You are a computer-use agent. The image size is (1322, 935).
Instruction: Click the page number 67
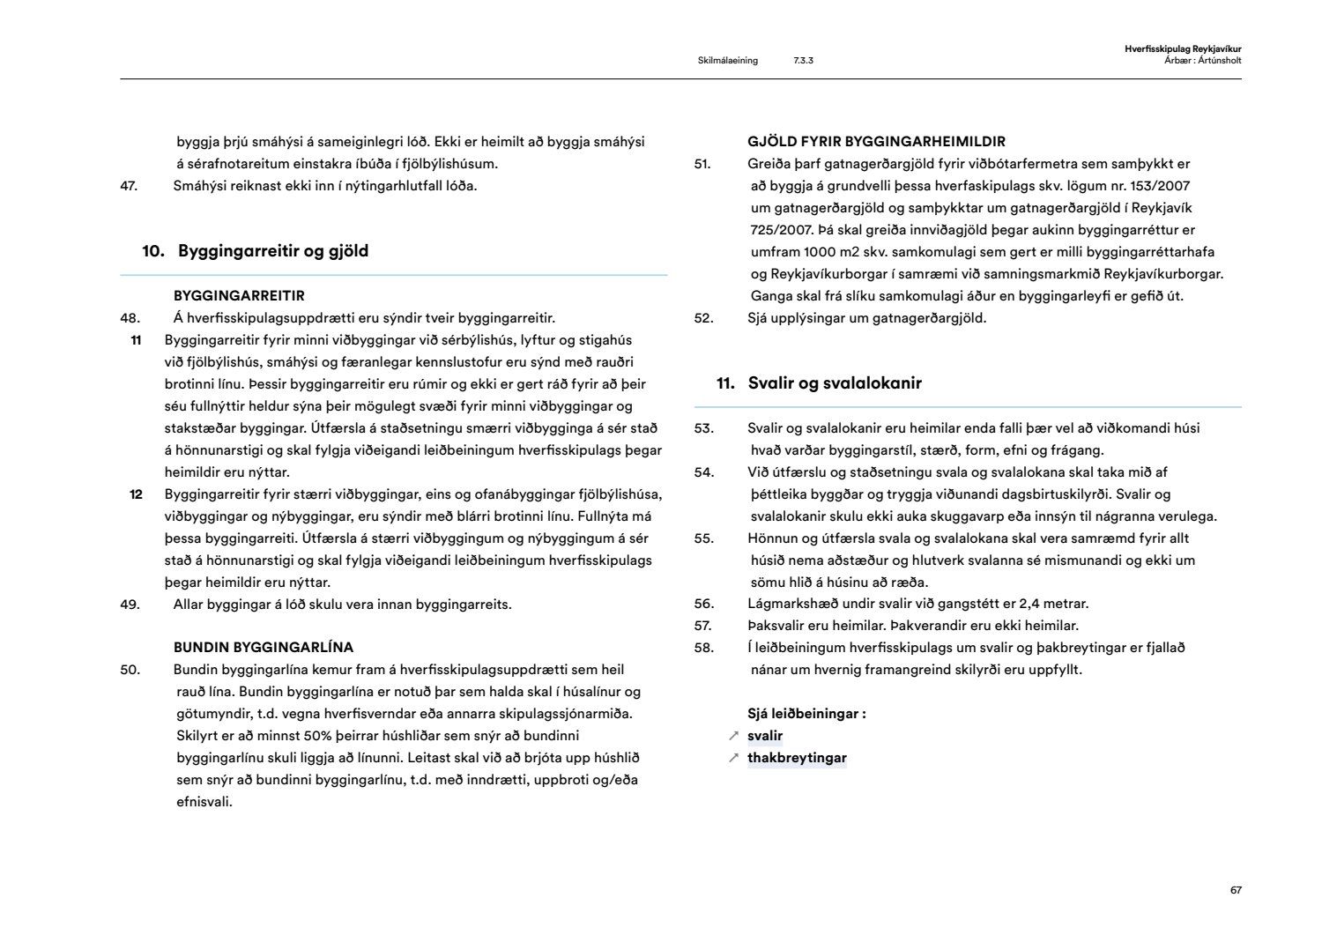point(1236,890)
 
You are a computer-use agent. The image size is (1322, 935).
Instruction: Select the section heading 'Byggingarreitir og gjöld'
point(273,251)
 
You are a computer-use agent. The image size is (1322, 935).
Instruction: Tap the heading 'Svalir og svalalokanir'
point(835,383)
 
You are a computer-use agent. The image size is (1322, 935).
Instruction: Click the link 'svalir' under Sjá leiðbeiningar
point(765,736)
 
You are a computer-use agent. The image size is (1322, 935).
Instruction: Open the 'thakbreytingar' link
point(797,758)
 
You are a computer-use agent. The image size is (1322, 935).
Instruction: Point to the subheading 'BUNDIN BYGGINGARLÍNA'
point(264,648)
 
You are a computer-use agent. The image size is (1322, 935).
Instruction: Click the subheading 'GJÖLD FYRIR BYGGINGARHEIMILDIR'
point(876,142)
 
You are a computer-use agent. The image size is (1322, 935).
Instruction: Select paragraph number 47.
point(129,186)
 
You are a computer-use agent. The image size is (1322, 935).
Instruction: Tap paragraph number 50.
point(130,670)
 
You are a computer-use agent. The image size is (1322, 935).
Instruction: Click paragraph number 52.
point(703,318)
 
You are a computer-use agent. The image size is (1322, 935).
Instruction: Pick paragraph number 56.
point(703,604)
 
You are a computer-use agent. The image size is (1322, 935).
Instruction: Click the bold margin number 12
point(136,494)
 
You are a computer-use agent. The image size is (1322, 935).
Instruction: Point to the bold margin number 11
point(136,340)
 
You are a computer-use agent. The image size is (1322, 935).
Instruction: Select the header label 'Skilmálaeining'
point(727,61)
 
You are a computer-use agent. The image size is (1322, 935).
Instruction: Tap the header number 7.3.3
point(803,61)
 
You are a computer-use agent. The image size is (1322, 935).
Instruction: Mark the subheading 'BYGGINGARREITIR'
point(239,296)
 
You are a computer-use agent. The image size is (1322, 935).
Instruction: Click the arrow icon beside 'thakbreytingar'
point(733,758)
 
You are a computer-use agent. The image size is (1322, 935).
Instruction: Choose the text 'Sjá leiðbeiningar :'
point(806,714)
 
